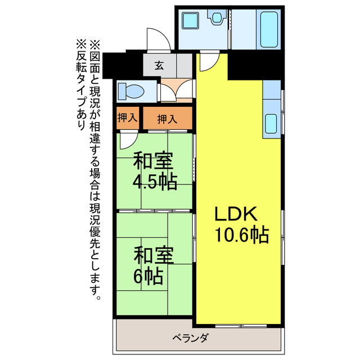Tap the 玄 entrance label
(x=159, y=64)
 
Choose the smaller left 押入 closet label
(x=128, y=118)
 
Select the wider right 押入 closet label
(x=167, y=119)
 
